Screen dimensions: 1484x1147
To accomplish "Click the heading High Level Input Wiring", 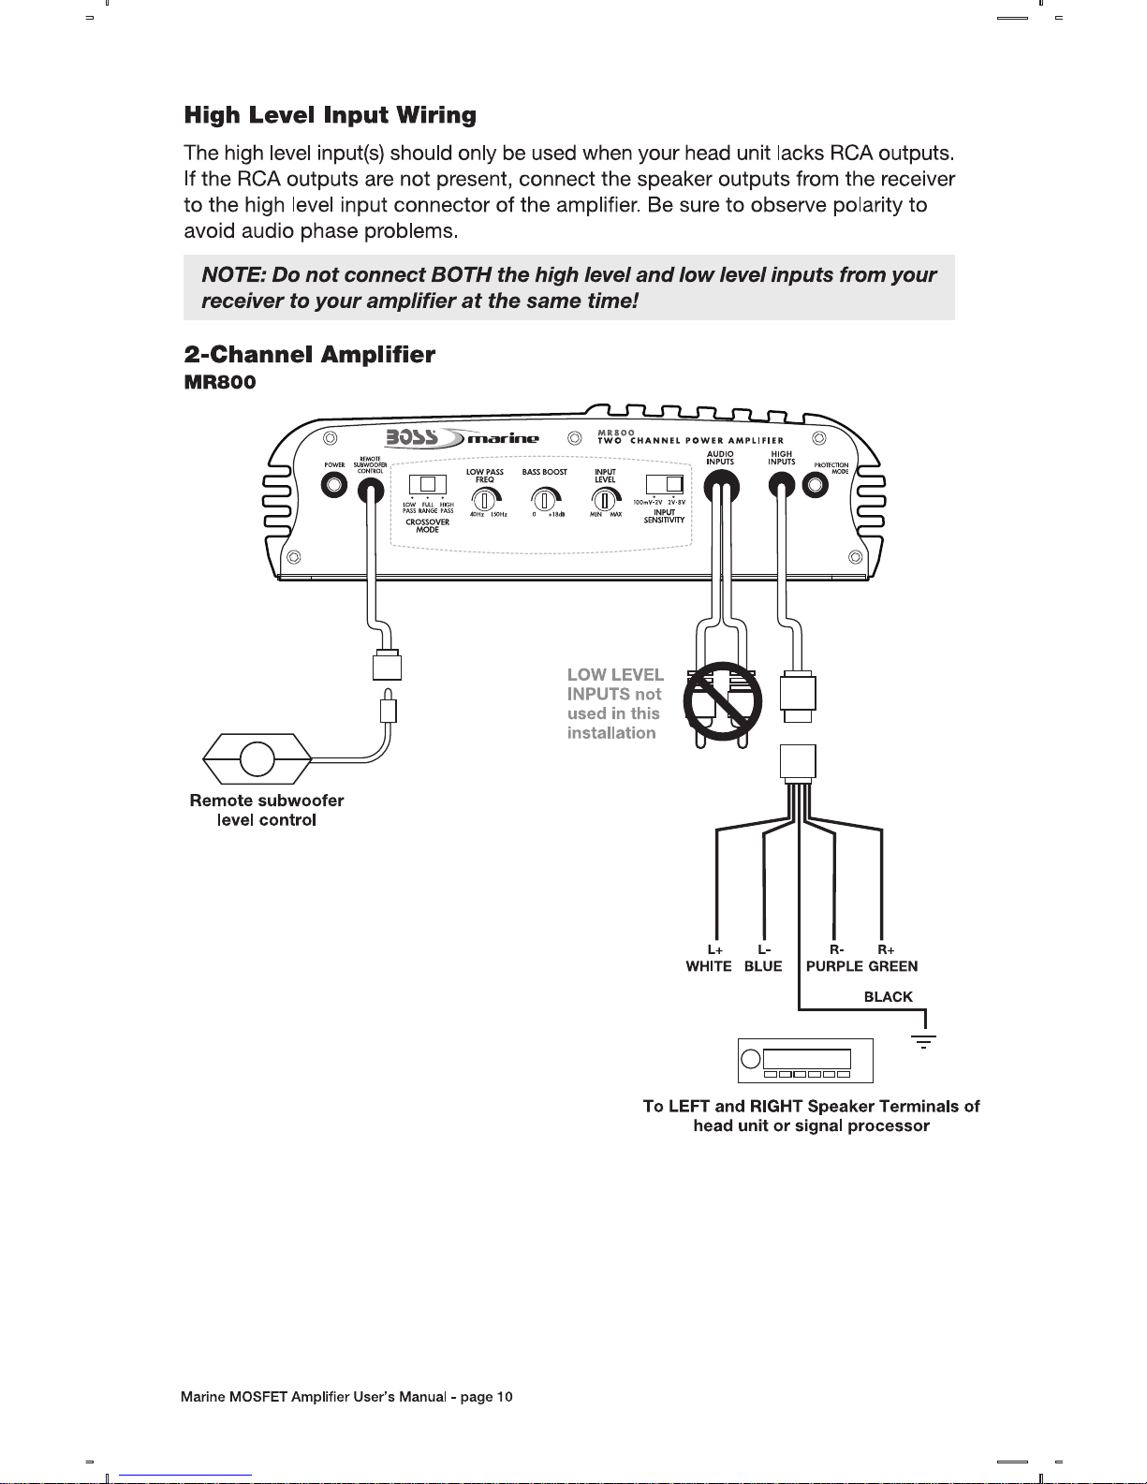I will pyautogui.click(x=330, y=115).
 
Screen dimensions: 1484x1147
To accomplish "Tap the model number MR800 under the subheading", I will pyautogui.click(x=219, y=382).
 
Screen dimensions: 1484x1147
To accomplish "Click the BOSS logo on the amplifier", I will pyautogui.click(x=412, y=437).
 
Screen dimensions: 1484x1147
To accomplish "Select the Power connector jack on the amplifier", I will pyautogui.click(x=334, y=486).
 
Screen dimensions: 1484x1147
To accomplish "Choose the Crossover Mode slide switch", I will pyautogui.click(x=427, y=484).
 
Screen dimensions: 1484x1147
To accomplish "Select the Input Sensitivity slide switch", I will pyautogui.click(x=664, y=484).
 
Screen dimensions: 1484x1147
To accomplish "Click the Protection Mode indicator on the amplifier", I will pyautogui.click(x=816, y=486).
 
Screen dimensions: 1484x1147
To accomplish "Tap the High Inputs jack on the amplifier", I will pyautogui.click(x=782, y=485).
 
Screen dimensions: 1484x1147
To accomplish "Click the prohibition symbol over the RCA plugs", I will pyautogui.click(x=721, y=700).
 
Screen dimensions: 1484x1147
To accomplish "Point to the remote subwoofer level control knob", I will pyautogui.click(x=257, y=758).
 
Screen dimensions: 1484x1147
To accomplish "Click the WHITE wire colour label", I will pyautogui.click(x=709, y=966).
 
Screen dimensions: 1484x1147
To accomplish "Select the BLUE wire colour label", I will pyautogui.click(x=763, y=966).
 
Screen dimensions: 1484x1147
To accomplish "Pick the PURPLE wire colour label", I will pyautogui.click(x=834, y=966).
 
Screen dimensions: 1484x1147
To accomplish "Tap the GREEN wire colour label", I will pyautogui.click(x=893, y=966).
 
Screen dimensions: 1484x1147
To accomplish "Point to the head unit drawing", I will pyautogui.click(x=805, y=1060).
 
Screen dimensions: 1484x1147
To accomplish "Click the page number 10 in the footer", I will pyautogui.click(x=504, y=1397).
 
